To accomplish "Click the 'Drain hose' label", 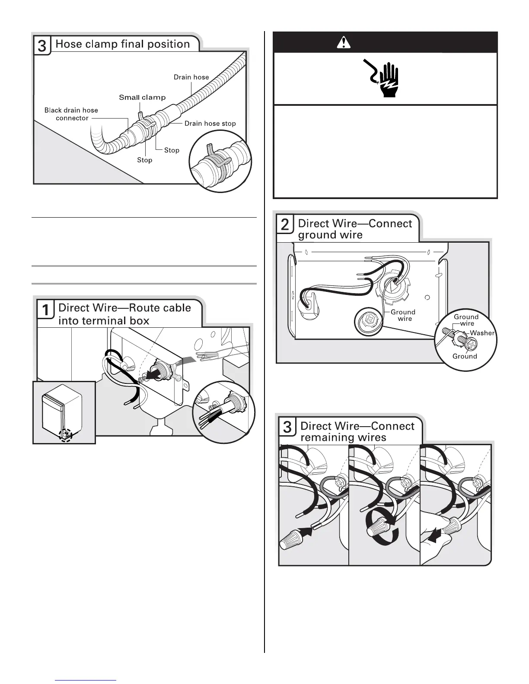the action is [191, 77].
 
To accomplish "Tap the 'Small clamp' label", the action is [142, 97].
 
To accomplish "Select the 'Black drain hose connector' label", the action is [71, 114].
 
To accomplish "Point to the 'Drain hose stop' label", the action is [210, 123].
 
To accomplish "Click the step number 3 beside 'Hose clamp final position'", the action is [42, 46].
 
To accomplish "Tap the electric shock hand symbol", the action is [385, 79].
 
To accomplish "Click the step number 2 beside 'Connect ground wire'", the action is [286, 225].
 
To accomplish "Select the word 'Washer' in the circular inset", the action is [482, 333].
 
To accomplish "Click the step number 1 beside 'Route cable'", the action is [45, 310].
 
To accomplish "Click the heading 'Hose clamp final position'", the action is [123, 44].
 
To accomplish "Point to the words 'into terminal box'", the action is [104, 321].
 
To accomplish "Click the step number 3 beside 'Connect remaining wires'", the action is [287, 427].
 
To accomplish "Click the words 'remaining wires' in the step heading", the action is [343, 437].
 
